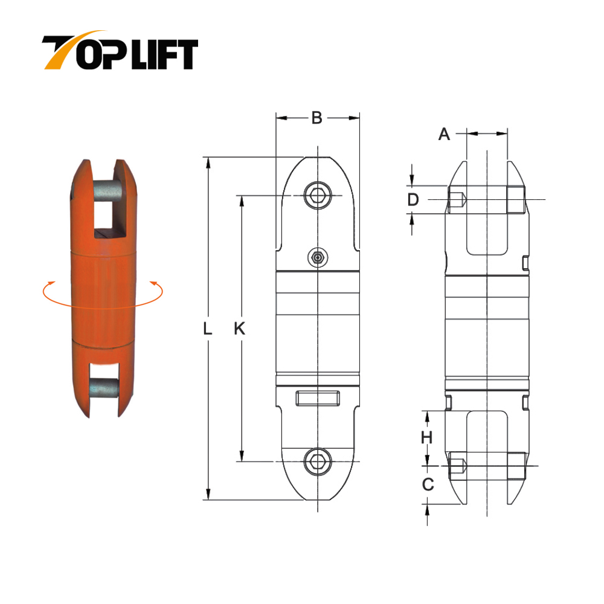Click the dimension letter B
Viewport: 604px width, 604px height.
click(316, 118)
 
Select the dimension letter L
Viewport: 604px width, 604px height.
click(207, 329)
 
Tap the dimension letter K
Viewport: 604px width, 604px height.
click(240, 329)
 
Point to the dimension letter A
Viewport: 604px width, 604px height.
click(444, 134)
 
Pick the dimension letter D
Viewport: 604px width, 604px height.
click(413, 200)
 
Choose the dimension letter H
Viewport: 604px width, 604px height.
click(426, 437)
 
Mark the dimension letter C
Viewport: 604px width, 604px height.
click(427, 484)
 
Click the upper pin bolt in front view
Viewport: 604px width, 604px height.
click(317, 195)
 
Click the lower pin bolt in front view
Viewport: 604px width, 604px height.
click(317, 461)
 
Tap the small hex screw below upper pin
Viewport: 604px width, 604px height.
click(318, 258)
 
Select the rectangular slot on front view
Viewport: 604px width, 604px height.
click(318, 399)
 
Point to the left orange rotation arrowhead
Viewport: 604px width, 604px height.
click(51, 283)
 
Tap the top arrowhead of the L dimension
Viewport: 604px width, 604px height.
click(208, 161)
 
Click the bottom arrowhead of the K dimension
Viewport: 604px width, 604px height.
click(241, 457)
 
